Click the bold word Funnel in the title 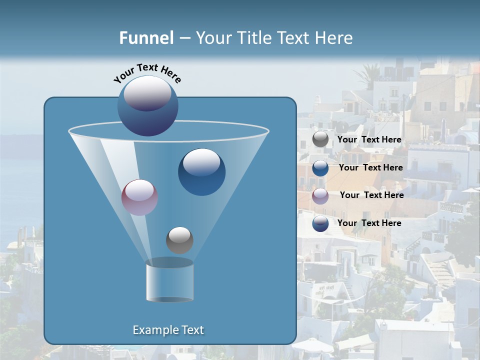click(146, 38)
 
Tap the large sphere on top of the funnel click(148, 106)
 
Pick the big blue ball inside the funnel click(201, 172)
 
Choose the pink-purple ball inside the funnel click(140, 197)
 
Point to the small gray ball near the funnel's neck click(179, 240)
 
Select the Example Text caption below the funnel click(168, 330)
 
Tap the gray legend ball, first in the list click(320, 139)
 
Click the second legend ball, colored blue click(320, 168)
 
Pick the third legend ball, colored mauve click(320, 196)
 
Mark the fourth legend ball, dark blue click(320, 223)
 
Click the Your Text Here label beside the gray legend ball click(369, 140)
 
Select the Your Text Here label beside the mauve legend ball click(371, 195)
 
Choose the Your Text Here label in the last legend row click(369, 223)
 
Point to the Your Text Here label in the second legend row click(370, 167)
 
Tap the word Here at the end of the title click(335, 38)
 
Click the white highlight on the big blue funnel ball click(201, 162)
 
